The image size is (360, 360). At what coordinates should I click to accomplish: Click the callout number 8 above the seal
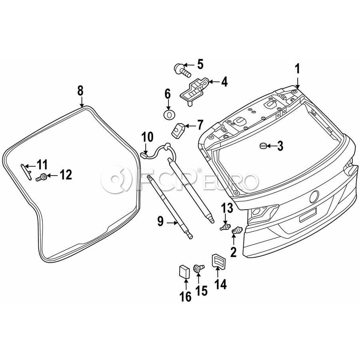click(80, 91)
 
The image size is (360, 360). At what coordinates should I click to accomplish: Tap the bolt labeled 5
click(182, 70)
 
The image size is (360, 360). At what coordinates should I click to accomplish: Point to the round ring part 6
click(169, 114)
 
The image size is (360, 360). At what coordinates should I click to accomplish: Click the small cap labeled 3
click(263, 146)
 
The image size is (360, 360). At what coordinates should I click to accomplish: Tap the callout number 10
click(147, 137)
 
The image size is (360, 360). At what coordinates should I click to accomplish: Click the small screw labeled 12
click(42, 177)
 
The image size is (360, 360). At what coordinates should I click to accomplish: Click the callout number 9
click(160, 221)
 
